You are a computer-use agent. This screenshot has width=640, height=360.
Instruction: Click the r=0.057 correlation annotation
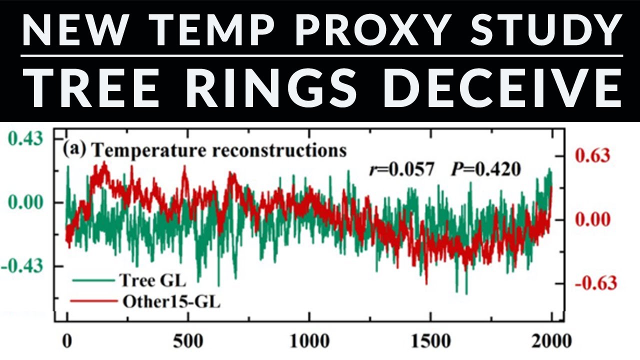398,170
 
